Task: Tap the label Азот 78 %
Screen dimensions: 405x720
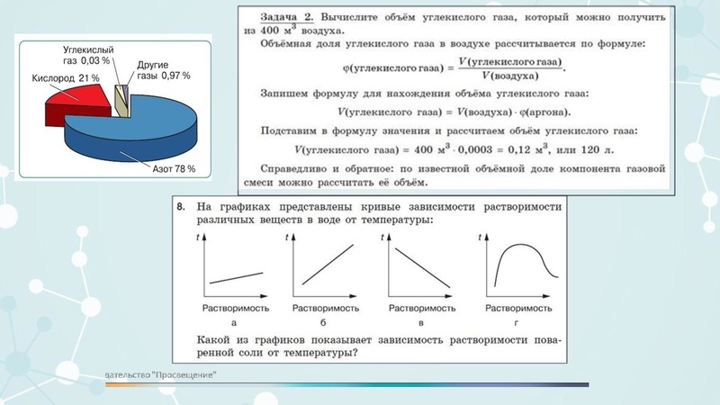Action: [174, 168]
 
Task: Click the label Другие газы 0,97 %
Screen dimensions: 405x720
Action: [163, 70]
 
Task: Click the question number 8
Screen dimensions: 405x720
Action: [182, 207]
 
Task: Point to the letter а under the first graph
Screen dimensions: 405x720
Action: [233, 322]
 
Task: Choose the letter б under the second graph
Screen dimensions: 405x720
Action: [322, 322]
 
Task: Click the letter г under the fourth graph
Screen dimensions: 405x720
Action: [517, 322]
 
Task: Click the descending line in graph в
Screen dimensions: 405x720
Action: [418, 265]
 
